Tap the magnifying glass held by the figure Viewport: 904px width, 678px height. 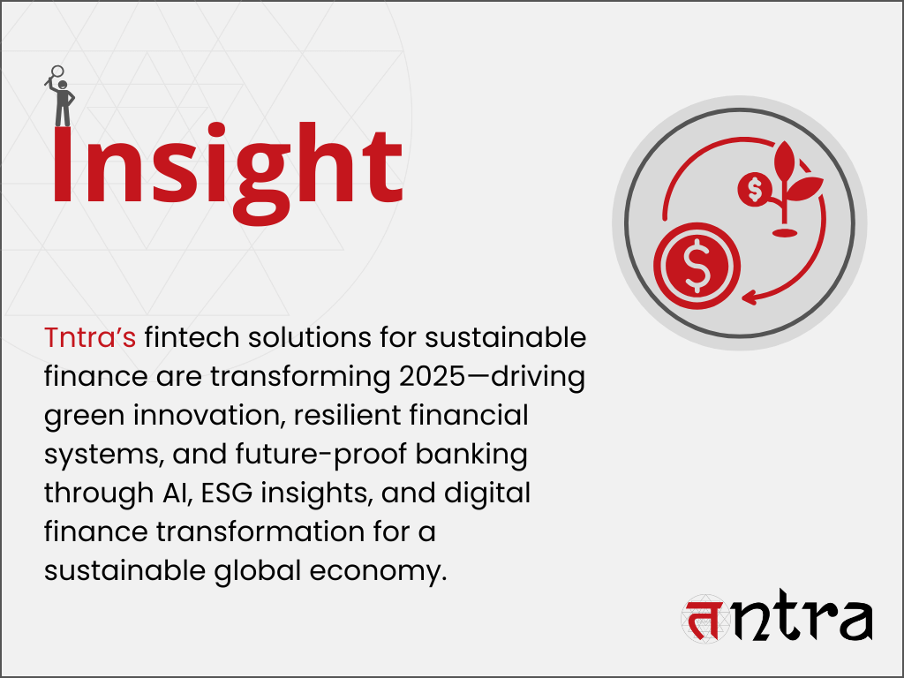[55, 75]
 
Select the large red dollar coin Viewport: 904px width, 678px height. [697, 265]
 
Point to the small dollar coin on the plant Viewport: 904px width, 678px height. [755, 189]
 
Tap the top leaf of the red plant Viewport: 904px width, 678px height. [785, 161]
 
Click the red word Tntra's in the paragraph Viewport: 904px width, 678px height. [90, 338]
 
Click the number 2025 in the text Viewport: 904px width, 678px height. [433, 376]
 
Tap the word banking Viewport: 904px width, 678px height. [471, 455]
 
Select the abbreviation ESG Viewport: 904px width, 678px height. [227, 493]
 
